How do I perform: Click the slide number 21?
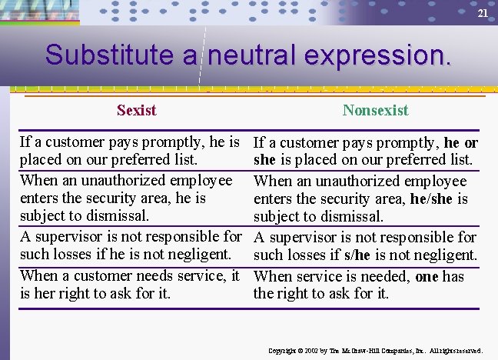coord(483,14)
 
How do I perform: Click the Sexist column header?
coord(136,110)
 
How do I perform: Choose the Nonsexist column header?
coord(375,110)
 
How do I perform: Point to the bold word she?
coord(265,161)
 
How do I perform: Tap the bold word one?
coord(427,275)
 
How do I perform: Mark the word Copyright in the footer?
coord(282,351)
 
